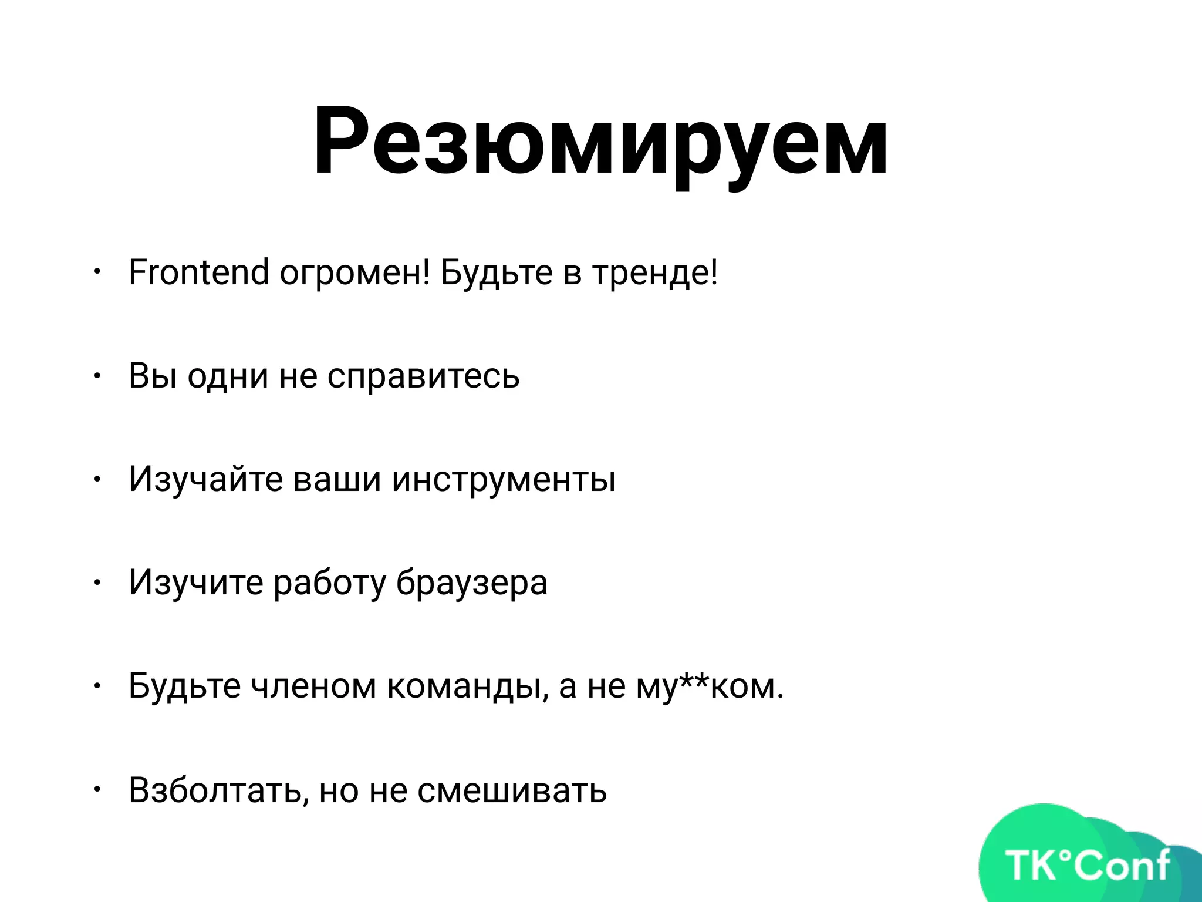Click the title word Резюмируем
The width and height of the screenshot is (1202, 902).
point(600,141)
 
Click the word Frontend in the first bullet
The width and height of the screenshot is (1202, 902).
point(198,272)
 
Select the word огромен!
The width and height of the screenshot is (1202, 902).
point(355,274)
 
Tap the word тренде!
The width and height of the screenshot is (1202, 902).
point(654,274)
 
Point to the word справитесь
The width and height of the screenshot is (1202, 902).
point(423,376)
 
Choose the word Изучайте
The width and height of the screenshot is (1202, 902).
point(205,479)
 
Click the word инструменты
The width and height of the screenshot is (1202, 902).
point(504,479)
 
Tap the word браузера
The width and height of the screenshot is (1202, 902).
point(471,583)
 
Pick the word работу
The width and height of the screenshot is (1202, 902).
point(330,583)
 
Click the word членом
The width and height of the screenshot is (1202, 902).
point(313,686)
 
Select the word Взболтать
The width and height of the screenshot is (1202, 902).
point(218,790)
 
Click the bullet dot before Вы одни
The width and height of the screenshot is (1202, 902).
point(97,376)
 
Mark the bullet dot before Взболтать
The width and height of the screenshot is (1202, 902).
point(97,790)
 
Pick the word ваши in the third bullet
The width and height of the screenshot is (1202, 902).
point(337,479)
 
